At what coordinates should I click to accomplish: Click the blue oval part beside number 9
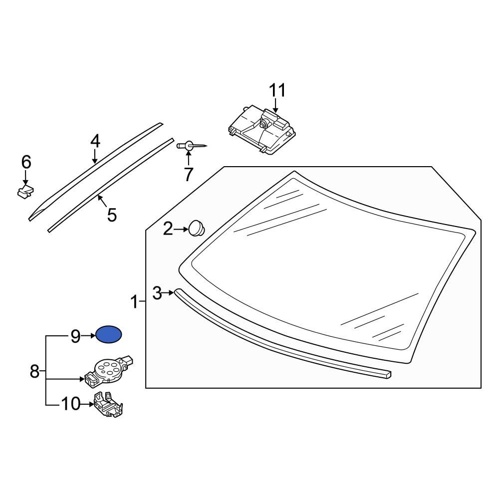click(x=108, y=335)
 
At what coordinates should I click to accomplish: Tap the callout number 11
click(x=277, y=91)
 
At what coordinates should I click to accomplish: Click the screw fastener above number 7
click(x=190, y=145)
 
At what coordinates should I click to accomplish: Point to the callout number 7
click(x=188, y=174)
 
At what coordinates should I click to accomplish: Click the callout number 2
click(x=168, y=229)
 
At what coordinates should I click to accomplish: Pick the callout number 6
click(x=26, y=162)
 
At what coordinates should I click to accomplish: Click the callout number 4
click(x=95, y=141)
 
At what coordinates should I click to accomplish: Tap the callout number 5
click(x=112, y=215)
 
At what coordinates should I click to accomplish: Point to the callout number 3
click(x=157, y=293)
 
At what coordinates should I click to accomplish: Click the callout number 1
click(x=134, y=302)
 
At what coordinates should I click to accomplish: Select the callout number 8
click(x=34, y=371)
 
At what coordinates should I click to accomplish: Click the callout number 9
click(x=75, y=336)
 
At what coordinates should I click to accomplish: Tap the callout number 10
click(x=70, y=403)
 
